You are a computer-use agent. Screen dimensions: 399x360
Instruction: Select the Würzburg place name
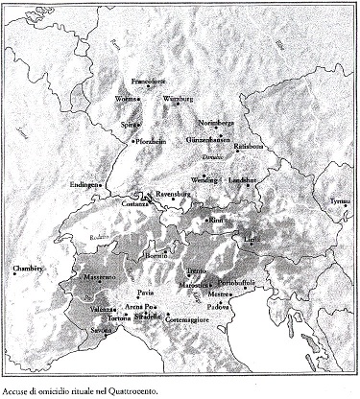(179, 99)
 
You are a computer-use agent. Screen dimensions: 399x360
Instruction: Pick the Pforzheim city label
(150, 142)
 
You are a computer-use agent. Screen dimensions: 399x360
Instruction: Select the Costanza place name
(133, 204)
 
